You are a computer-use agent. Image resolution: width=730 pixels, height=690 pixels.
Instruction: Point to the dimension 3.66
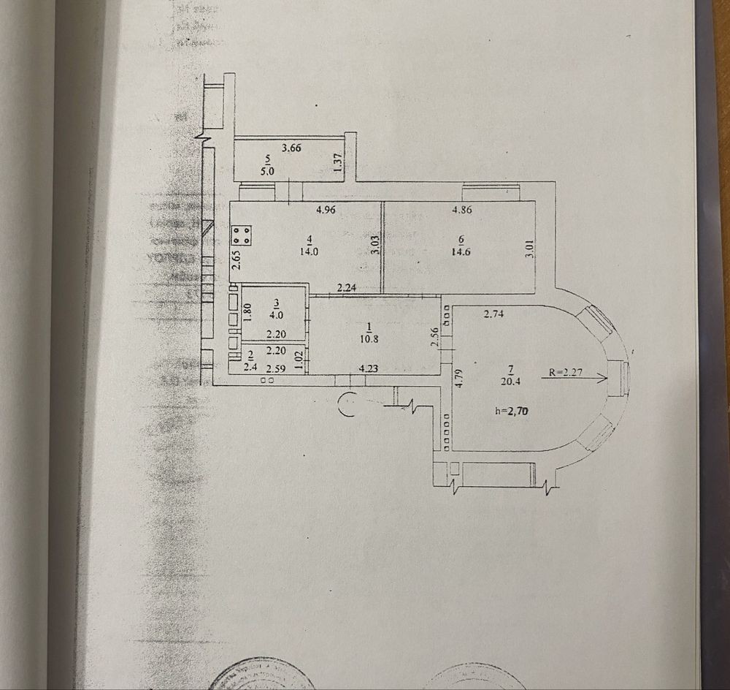coord(291,148)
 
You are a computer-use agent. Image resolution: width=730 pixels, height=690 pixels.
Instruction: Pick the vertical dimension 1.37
coord(337,162)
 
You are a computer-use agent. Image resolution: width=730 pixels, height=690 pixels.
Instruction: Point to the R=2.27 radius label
coord(565,371)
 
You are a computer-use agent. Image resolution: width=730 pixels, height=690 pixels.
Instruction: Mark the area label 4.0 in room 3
coord(276,315)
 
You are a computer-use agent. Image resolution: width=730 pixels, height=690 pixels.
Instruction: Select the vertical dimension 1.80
coord(247,313)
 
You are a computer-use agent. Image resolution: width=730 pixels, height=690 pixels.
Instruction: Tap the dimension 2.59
coord(275,368)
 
